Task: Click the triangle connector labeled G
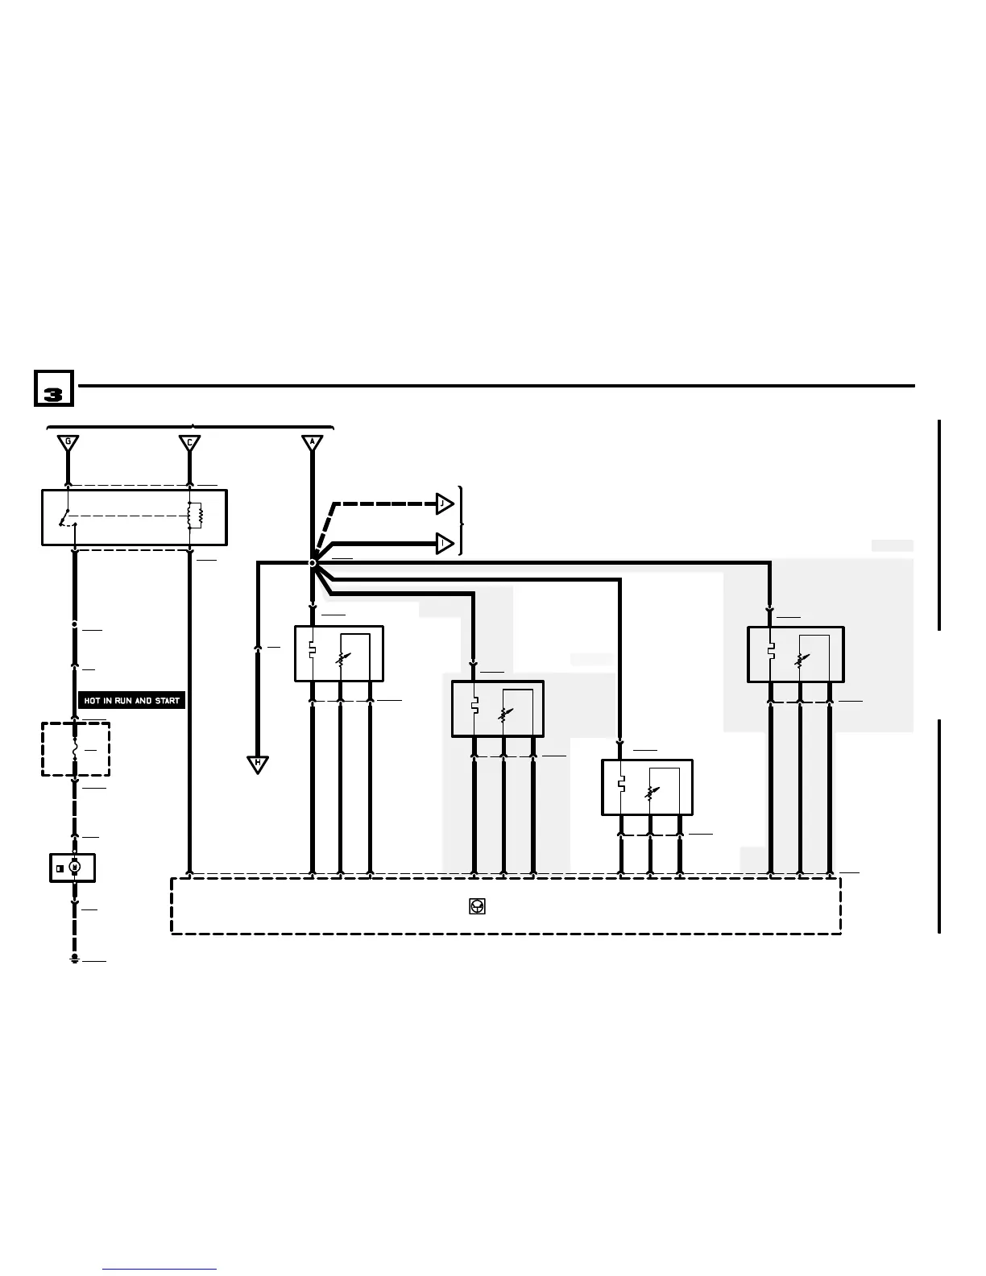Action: [68, 443]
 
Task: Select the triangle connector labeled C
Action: [189, 443]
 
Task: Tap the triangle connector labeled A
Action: [312, 443]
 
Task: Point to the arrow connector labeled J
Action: [444, 504]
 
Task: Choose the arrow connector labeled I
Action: [444, 544]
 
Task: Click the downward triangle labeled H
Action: [258, 764]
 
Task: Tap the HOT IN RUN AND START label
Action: [131, 701]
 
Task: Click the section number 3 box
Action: [53, 390]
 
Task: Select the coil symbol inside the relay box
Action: [193, 516]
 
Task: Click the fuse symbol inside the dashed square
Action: [75, 750]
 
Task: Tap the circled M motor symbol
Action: [75, 868]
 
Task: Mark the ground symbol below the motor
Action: [75, 959]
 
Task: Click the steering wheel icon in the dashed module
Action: [477, 906]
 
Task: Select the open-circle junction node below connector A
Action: [313, 563]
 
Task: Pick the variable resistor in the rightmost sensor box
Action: [800, 659]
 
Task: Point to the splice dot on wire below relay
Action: [75, 624]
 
